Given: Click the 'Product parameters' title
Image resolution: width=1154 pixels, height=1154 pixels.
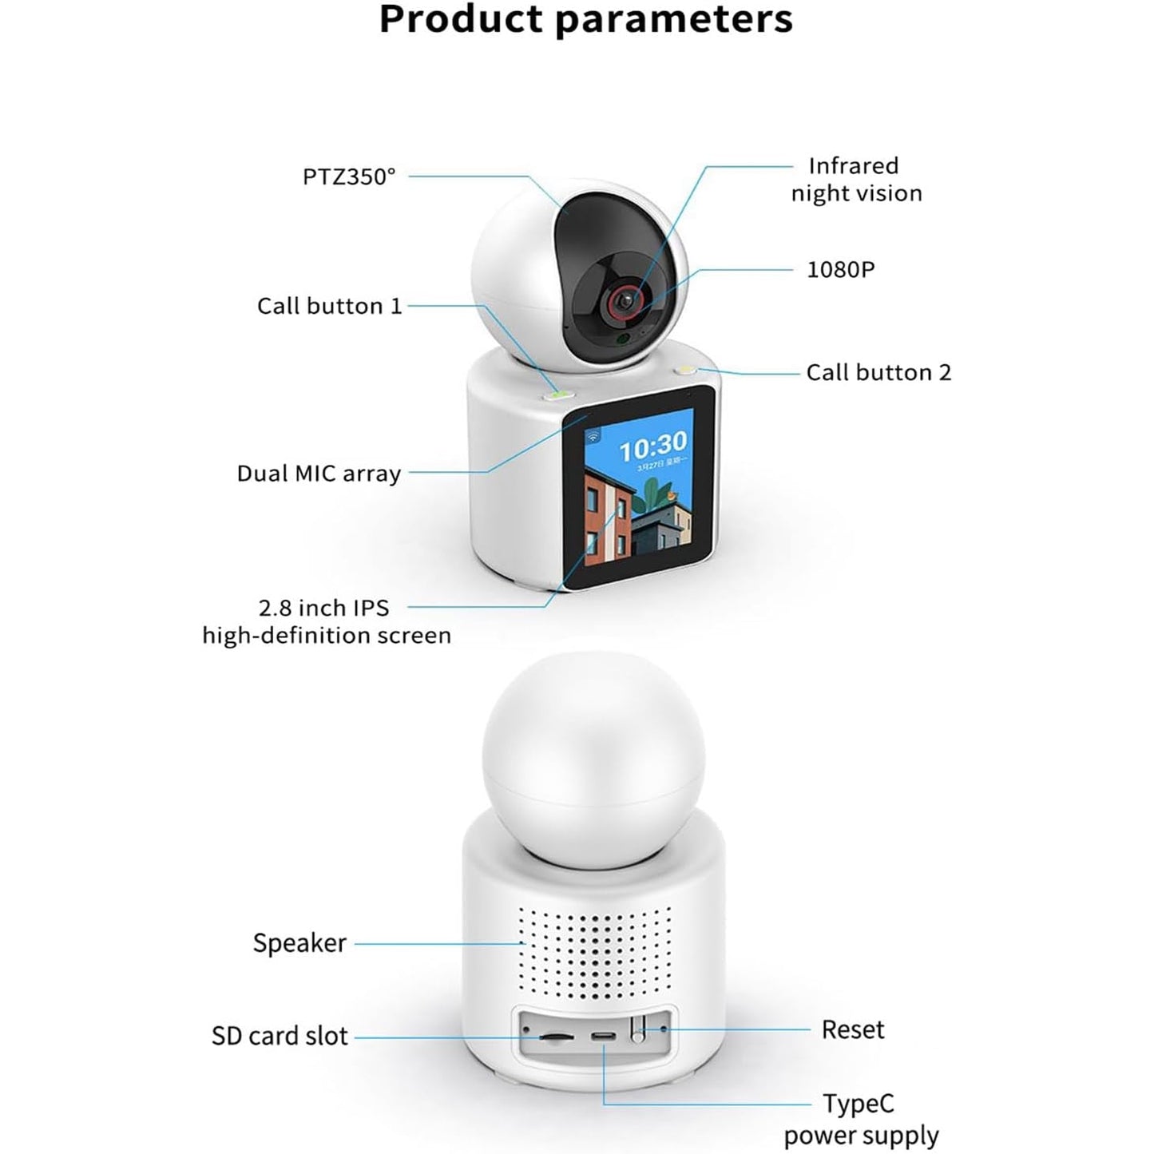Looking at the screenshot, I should point(585,20).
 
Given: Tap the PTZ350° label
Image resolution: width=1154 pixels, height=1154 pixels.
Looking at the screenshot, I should point(349,176).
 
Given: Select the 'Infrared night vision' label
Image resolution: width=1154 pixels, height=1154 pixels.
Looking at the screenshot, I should point(856,180).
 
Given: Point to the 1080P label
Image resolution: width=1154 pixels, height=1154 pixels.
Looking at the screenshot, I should point(840,270).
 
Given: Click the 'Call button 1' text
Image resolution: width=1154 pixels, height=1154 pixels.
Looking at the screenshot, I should point(329,306).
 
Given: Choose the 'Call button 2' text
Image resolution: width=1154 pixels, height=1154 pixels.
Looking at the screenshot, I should point(878,372).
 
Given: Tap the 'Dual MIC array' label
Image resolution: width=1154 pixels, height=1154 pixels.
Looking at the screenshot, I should point(319,474).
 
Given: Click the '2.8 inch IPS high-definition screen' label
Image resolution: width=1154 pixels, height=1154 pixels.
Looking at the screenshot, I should point(326,621).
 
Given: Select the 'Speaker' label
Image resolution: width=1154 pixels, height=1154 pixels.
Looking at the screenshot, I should point(299,943).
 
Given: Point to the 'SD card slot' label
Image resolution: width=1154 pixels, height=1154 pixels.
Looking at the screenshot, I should point(280,1036).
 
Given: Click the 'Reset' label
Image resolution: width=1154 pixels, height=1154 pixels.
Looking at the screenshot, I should point(852,1029).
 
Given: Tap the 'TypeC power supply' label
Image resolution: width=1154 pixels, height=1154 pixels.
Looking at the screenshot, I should point(860,1119).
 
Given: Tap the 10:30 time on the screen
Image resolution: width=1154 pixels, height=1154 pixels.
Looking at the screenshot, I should point(652,444).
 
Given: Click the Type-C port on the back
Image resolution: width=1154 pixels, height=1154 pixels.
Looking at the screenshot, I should point(603,1037).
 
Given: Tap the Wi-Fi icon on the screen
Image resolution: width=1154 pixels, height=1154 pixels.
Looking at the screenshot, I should point(593,436).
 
